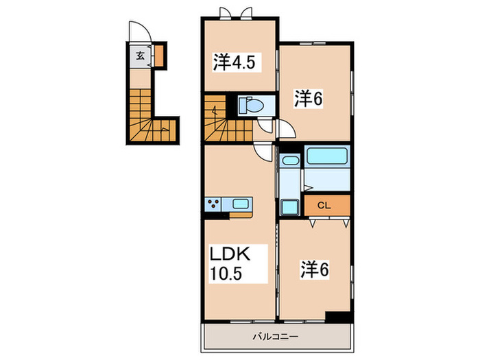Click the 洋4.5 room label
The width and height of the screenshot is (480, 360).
pos(234,62)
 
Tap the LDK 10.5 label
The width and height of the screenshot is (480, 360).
pos(230,263)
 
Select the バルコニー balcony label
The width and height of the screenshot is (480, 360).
pos(275,337)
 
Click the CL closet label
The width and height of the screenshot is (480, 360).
pos(324,206)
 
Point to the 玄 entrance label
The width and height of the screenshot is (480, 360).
pos(140,56)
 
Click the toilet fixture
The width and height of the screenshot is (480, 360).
pos(251,106)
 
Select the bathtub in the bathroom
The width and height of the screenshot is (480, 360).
pos(327,156)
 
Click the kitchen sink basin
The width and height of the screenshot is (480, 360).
pos(241,204)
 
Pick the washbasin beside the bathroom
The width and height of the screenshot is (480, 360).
pos(290,160)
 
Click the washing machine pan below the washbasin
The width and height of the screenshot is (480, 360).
pos(289,207)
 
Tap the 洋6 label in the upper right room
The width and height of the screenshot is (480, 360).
pos(309,99)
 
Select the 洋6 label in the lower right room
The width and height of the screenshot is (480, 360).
pos(315,269)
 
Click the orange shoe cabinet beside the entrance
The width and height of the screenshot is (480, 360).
pos(158,56)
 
